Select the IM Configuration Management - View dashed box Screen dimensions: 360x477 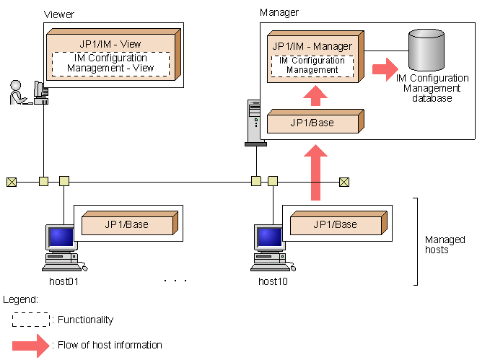point(110,63)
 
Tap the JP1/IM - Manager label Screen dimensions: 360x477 point(312,46)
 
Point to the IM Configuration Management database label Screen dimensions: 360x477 point(432,88)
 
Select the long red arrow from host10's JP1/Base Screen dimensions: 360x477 point(315,173)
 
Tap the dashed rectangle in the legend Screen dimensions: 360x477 point(30,320)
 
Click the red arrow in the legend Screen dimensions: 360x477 point(30,345)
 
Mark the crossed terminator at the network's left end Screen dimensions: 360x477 point(11,181)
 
